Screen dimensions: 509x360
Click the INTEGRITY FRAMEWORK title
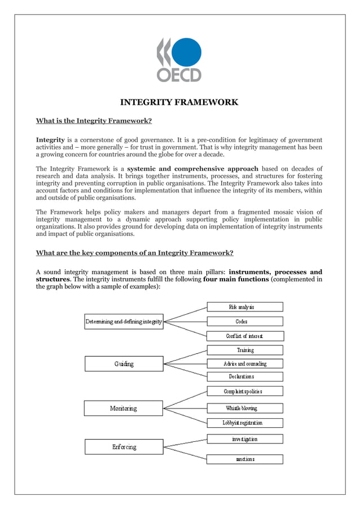tap(179, 102)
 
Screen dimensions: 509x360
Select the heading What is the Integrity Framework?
tap(94, 121)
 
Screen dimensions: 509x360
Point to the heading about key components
tap(134, 252)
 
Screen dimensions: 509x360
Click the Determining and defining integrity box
tap(124, 322)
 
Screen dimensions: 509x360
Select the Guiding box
tap(124, 364)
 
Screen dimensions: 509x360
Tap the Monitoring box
tap(123, 408)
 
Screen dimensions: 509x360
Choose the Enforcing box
tap(124, 447)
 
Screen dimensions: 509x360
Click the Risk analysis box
tap(244, 307)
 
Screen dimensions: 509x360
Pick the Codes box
tap(244, 322)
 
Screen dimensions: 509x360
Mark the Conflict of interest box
tap(245, 336)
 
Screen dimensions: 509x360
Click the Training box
tap(245, 350)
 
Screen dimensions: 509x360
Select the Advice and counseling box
tap(245, 364)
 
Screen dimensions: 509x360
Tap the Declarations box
tap(244, 376)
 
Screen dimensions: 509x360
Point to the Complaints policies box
tap(244, 391)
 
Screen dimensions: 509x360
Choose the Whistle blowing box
tap(244, 408)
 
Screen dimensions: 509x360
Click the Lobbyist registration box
tap(244, 423)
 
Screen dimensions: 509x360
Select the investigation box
tap(244, 439)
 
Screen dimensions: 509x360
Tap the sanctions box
tap(244, 459)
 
